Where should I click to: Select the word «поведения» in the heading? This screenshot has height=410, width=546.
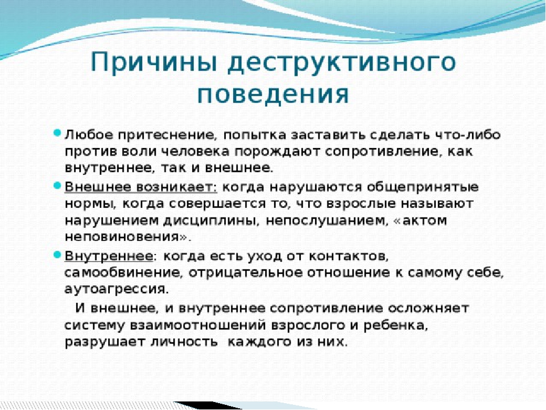click(272, 94)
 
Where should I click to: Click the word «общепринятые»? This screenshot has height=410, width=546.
click(423, 187)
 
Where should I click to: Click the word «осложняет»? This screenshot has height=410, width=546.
click(429, 308)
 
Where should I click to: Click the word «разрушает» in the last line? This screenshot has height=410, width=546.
click(106, 342)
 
